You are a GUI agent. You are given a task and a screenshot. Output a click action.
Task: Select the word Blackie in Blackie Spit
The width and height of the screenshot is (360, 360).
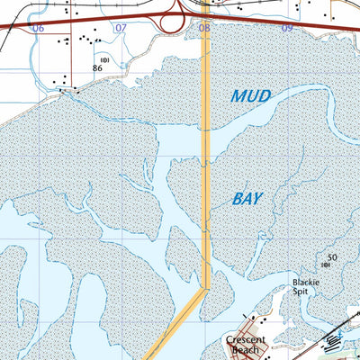307,282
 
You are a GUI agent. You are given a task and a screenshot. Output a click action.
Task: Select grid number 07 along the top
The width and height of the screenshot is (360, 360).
120,29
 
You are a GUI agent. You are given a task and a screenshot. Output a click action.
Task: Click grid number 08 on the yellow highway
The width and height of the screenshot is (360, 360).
204,29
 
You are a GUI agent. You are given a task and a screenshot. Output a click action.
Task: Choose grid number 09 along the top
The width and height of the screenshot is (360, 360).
287,29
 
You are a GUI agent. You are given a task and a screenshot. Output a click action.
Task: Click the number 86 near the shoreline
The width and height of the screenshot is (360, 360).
97,68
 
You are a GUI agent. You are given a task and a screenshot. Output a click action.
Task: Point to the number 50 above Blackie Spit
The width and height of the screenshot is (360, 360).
331,257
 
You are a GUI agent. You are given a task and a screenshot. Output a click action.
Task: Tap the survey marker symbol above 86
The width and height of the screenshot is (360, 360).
104,59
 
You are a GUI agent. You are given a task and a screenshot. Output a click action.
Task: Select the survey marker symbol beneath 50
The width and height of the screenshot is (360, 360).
325,265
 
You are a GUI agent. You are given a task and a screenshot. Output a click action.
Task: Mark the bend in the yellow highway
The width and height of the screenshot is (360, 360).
205,289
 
